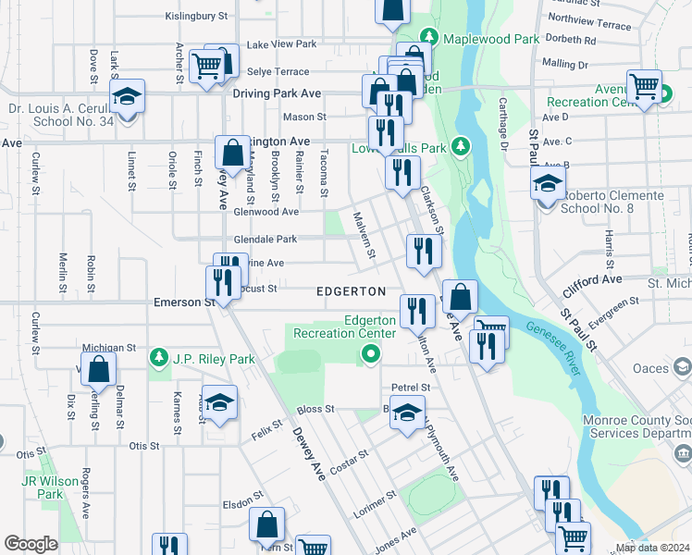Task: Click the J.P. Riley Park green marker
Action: (x=161, y=356)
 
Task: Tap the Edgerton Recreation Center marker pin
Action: (x=371, y=352)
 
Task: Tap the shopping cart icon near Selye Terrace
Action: (x=206, y=65)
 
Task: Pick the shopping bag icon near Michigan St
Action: (x=98, y=370)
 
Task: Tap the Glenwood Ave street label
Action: (x=266, y=212)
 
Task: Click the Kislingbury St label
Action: (x=195, y=16)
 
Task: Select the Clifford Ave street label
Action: (x=599, y=278)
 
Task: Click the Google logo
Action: (x=31, y=544)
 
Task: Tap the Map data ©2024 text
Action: (x=651, y=548)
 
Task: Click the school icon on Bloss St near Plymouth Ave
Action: (x=406, y=413)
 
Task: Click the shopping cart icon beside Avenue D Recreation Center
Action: (x=644, y=87)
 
